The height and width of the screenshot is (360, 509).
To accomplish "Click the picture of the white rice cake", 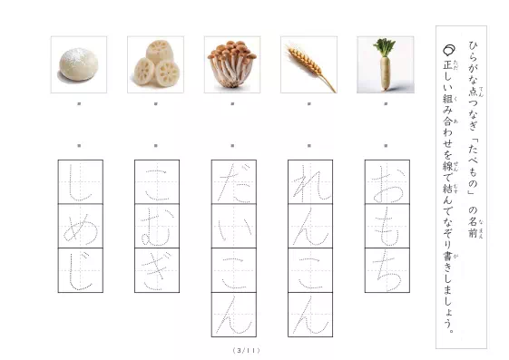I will [x=78, y=64].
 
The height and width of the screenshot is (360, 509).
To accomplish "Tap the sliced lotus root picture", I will [x=155, y=64].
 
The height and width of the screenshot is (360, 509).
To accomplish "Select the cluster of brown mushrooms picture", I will [x=232, y=64].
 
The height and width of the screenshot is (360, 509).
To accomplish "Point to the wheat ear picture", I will [x=309, y=64].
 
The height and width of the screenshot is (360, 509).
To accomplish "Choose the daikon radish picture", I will [x=386, y=64].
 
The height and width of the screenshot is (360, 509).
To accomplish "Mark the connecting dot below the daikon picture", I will [x=386, y=104].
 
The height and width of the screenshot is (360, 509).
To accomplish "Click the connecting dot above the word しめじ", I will [x=79, y=144].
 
